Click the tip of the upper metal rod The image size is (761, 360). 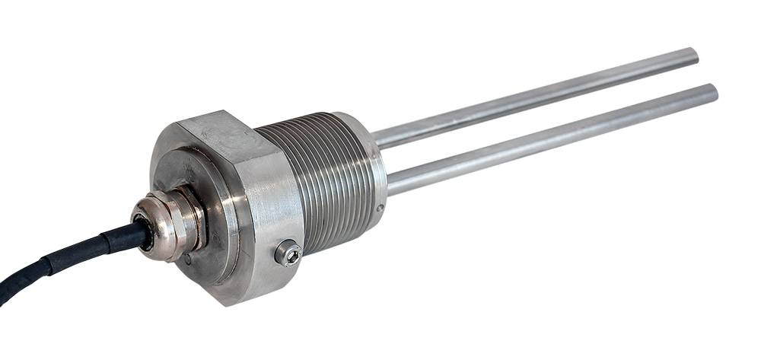[x=693, y=54]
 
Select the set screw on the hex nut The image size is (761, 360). [x=288, y=253]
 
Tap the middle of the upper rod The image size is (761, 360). [x=533, y=97]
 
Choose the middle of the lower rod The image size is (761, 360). [x=552, y=137]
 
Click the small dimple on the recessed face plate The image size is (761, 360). [x=187, y=259]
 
